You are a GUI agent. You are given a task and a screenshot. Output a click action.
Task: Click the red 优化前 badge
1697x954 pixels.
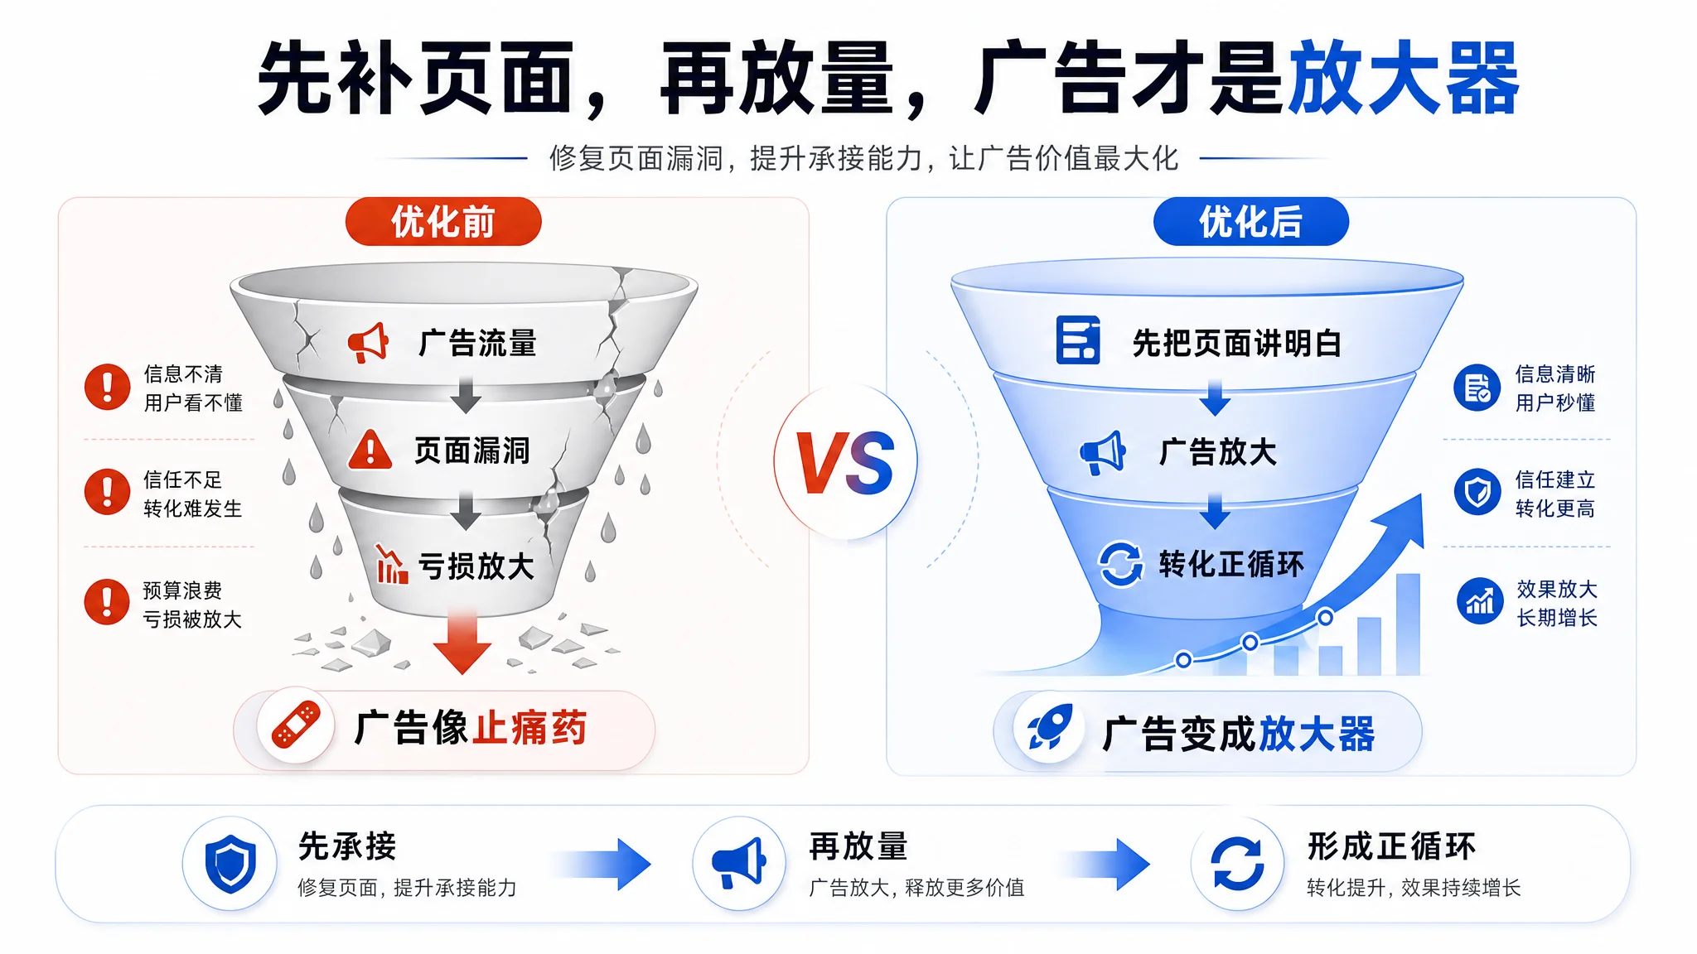pyautogui.click(x=443, y=221)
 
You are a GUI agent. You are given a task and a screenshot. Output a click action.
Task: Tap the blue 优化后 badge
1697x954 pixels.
pyautogui.click(x=1250, y=221)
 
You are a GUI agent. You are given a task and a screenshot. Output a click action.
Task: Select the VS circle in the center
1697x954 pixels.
pyautogui.click(x=845, y=462)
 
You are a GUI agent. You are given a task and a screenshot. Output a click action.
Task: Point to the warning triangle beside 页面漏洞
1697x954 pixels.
pyautogui.click(x=370, y=450)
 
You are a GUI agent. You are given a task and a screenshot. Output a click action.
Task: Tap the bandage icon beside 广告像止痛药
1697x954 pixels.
pyautogui.click(x=296, y=725)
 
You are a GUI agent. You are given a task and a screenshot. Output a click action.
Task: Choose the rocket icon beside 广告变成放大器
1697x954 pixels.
pyautogui.click(x=1050, y=727)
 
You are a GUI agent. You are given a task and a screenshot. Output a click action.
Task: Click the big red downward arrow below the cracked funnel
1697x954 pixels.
pyautogui.click(x=462, y=640)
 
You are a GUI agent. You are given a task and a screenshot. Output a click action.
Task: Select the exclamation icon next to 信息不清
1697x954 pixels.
pyautogui.click(x=108, y=387)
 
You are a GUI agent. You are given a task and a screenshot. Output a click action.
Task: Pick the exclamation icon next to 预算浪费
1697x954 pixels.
pyautogui.click(x=108, y=602)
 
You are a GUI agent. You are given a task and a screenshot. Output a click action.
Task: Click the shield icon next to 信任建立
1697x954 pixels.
pyautogui.click(x=1477, y=492)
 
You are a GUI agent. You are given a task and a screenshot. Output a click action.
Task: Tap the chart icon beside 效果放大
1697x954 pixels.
pyautogui.click(x=1480, y=601)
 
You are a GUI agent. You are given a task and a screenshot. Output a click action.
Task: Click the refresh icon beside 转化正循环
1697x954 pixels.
pyautogui.click(x=1121, y=564)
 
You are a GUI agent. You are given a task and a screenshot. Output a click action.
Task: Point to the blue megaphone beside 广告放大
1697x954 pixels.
pyautogui.click(x=1103, y=452)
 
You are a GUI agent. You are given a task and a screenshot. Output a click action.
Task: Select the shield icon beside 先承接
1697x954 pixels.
pyautogui.click(x=230, y=864)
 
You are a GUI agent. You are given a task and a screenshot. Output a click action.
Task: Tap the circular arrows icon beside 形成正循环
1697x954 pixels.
pyautogui.click(x=1238, y=864)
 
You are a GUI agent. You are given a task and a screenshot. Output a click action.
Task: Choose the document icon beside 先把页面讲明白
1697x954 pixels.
pyautogui.click(x=1078, y=340)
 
